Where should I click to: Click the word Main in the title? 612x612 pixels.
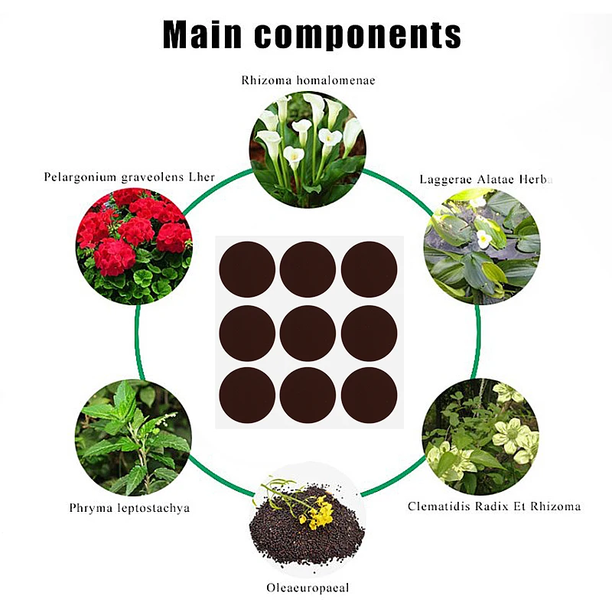pos(202,34)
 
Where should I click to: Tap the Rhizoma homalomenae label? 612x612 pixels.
pos(308,79)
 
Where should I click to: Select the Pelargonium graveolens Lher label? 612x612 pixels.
pos(129,177)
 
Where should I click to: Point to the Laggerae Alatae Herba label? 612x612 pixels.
pos(486,180)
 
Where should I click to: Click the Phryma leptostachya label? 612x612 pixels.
pos(129,507)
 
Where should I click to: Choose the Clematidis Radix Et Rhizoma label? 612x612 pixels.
pos(494,506)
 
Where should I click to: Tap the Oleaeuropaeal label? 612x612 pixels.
pos(307,588)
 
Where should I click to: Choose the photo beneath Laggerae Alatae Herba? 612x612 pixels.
pos(481,246)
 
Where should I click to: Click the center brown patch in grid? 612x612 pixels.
pos(308,333)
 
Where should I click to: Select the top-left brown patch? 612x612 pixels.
pos(247,269)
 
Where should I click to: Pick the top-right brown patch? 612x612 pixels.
pos(369,269)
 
